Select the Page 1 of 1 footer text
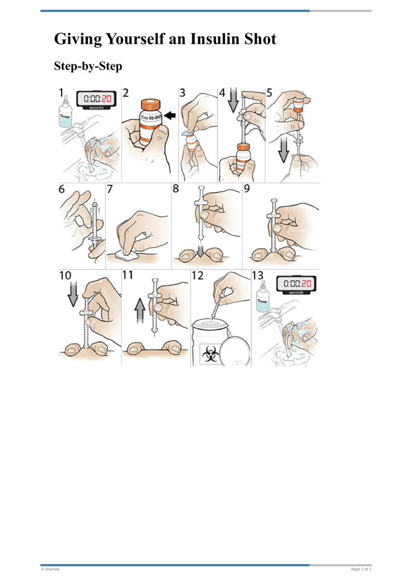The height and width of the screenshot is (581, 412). (x=360, y=569)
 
